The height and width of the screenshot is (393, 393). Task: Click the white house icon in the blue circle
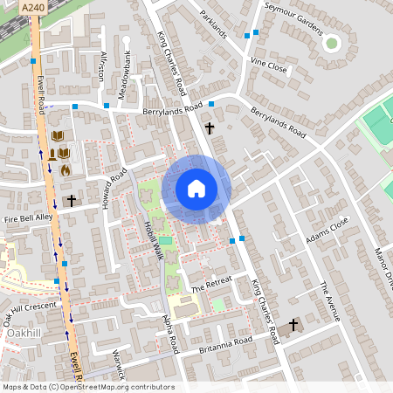196,188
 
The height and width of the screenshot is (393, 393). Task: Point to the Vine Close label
268,65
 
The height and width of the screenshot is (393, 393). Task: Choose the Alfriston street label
102,64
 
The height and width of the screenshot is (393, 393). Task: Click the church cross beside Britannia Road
293,326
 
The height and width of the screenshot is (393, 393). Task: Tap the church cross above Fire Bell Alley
71,200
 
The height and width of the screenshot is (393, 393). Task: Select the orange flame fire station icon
65,170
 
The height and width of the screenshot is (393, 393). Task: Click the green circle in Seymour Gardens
331,42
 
